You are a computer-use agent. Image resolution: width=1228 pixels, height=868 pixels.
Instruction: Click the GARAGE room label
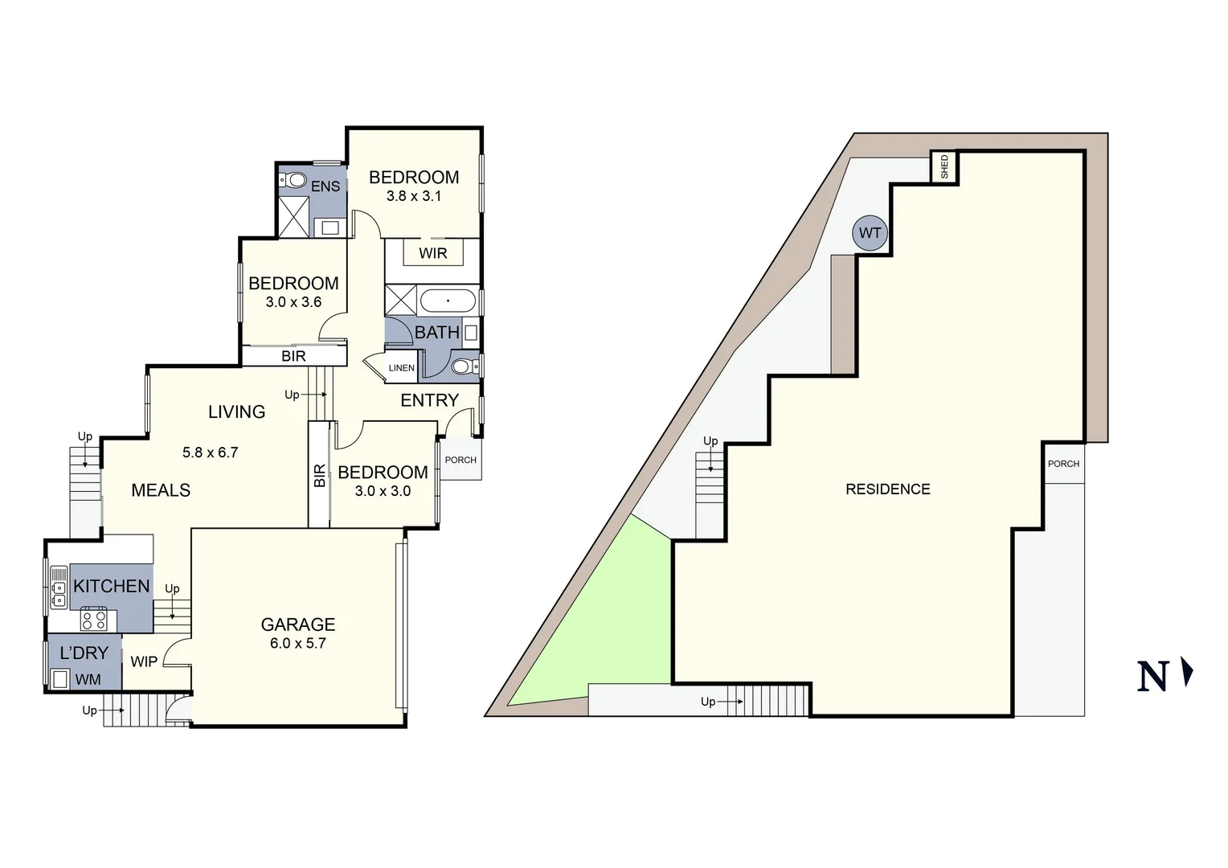coord(298,624)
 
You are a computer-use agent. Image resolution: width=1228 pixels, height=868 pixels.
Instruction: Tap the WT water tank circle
coord(870,233)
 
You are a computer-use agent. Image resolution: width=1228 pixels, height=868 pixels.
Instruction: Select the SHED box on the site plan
coord(944,167)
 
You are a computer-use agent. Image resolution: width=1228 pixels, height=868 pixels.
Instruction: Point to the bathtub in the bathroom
coord(448,301)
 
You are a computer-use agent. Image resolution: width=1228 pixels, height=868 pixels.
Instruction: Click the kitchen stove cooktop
coord(93,620)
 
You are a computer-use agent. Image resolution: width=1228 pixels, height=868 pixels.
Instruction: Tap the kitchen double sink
coord(59,587)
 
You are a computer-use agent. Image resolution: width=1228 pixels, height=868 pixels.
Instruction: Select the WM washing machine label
coord(88,680)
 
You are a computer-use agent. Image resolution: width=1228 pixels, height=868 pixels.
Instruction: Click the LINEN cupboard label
coord(402,368)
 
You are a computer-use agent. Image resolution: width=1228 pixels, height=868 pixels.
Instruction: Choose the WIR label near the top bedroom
coord(432,253)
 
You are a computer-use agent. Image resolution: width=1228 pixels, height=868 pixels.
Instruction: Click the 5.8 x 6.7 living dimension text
coord(211,452)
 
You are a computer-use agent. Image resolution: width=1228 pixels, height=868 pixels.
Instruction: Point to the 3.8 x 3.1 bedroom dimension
coord(414,196)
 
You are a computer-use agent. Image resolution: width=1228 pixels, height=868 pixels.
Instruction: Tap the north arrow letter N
coord(1152,677)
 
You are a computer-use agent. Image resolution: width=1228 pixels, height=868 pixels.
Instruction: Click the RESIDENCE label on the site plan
coord(888,489)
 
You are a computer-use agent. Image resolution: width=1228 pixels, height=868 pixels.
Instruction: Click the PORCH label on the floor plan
coord(460,460)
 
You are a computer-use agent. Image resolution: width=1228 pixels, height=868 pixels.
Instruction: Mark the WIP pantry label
coord(144,661)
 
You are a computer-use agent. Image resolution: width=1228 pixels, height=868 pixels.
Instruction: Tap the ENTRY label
coord(430,400)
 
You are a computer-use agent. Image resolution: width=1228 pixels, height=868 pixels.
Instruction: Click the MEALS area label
coord(161,490)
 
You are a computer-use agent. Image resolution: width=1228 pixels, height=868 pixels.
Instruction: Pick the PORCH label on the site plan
coord(1063,464)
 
